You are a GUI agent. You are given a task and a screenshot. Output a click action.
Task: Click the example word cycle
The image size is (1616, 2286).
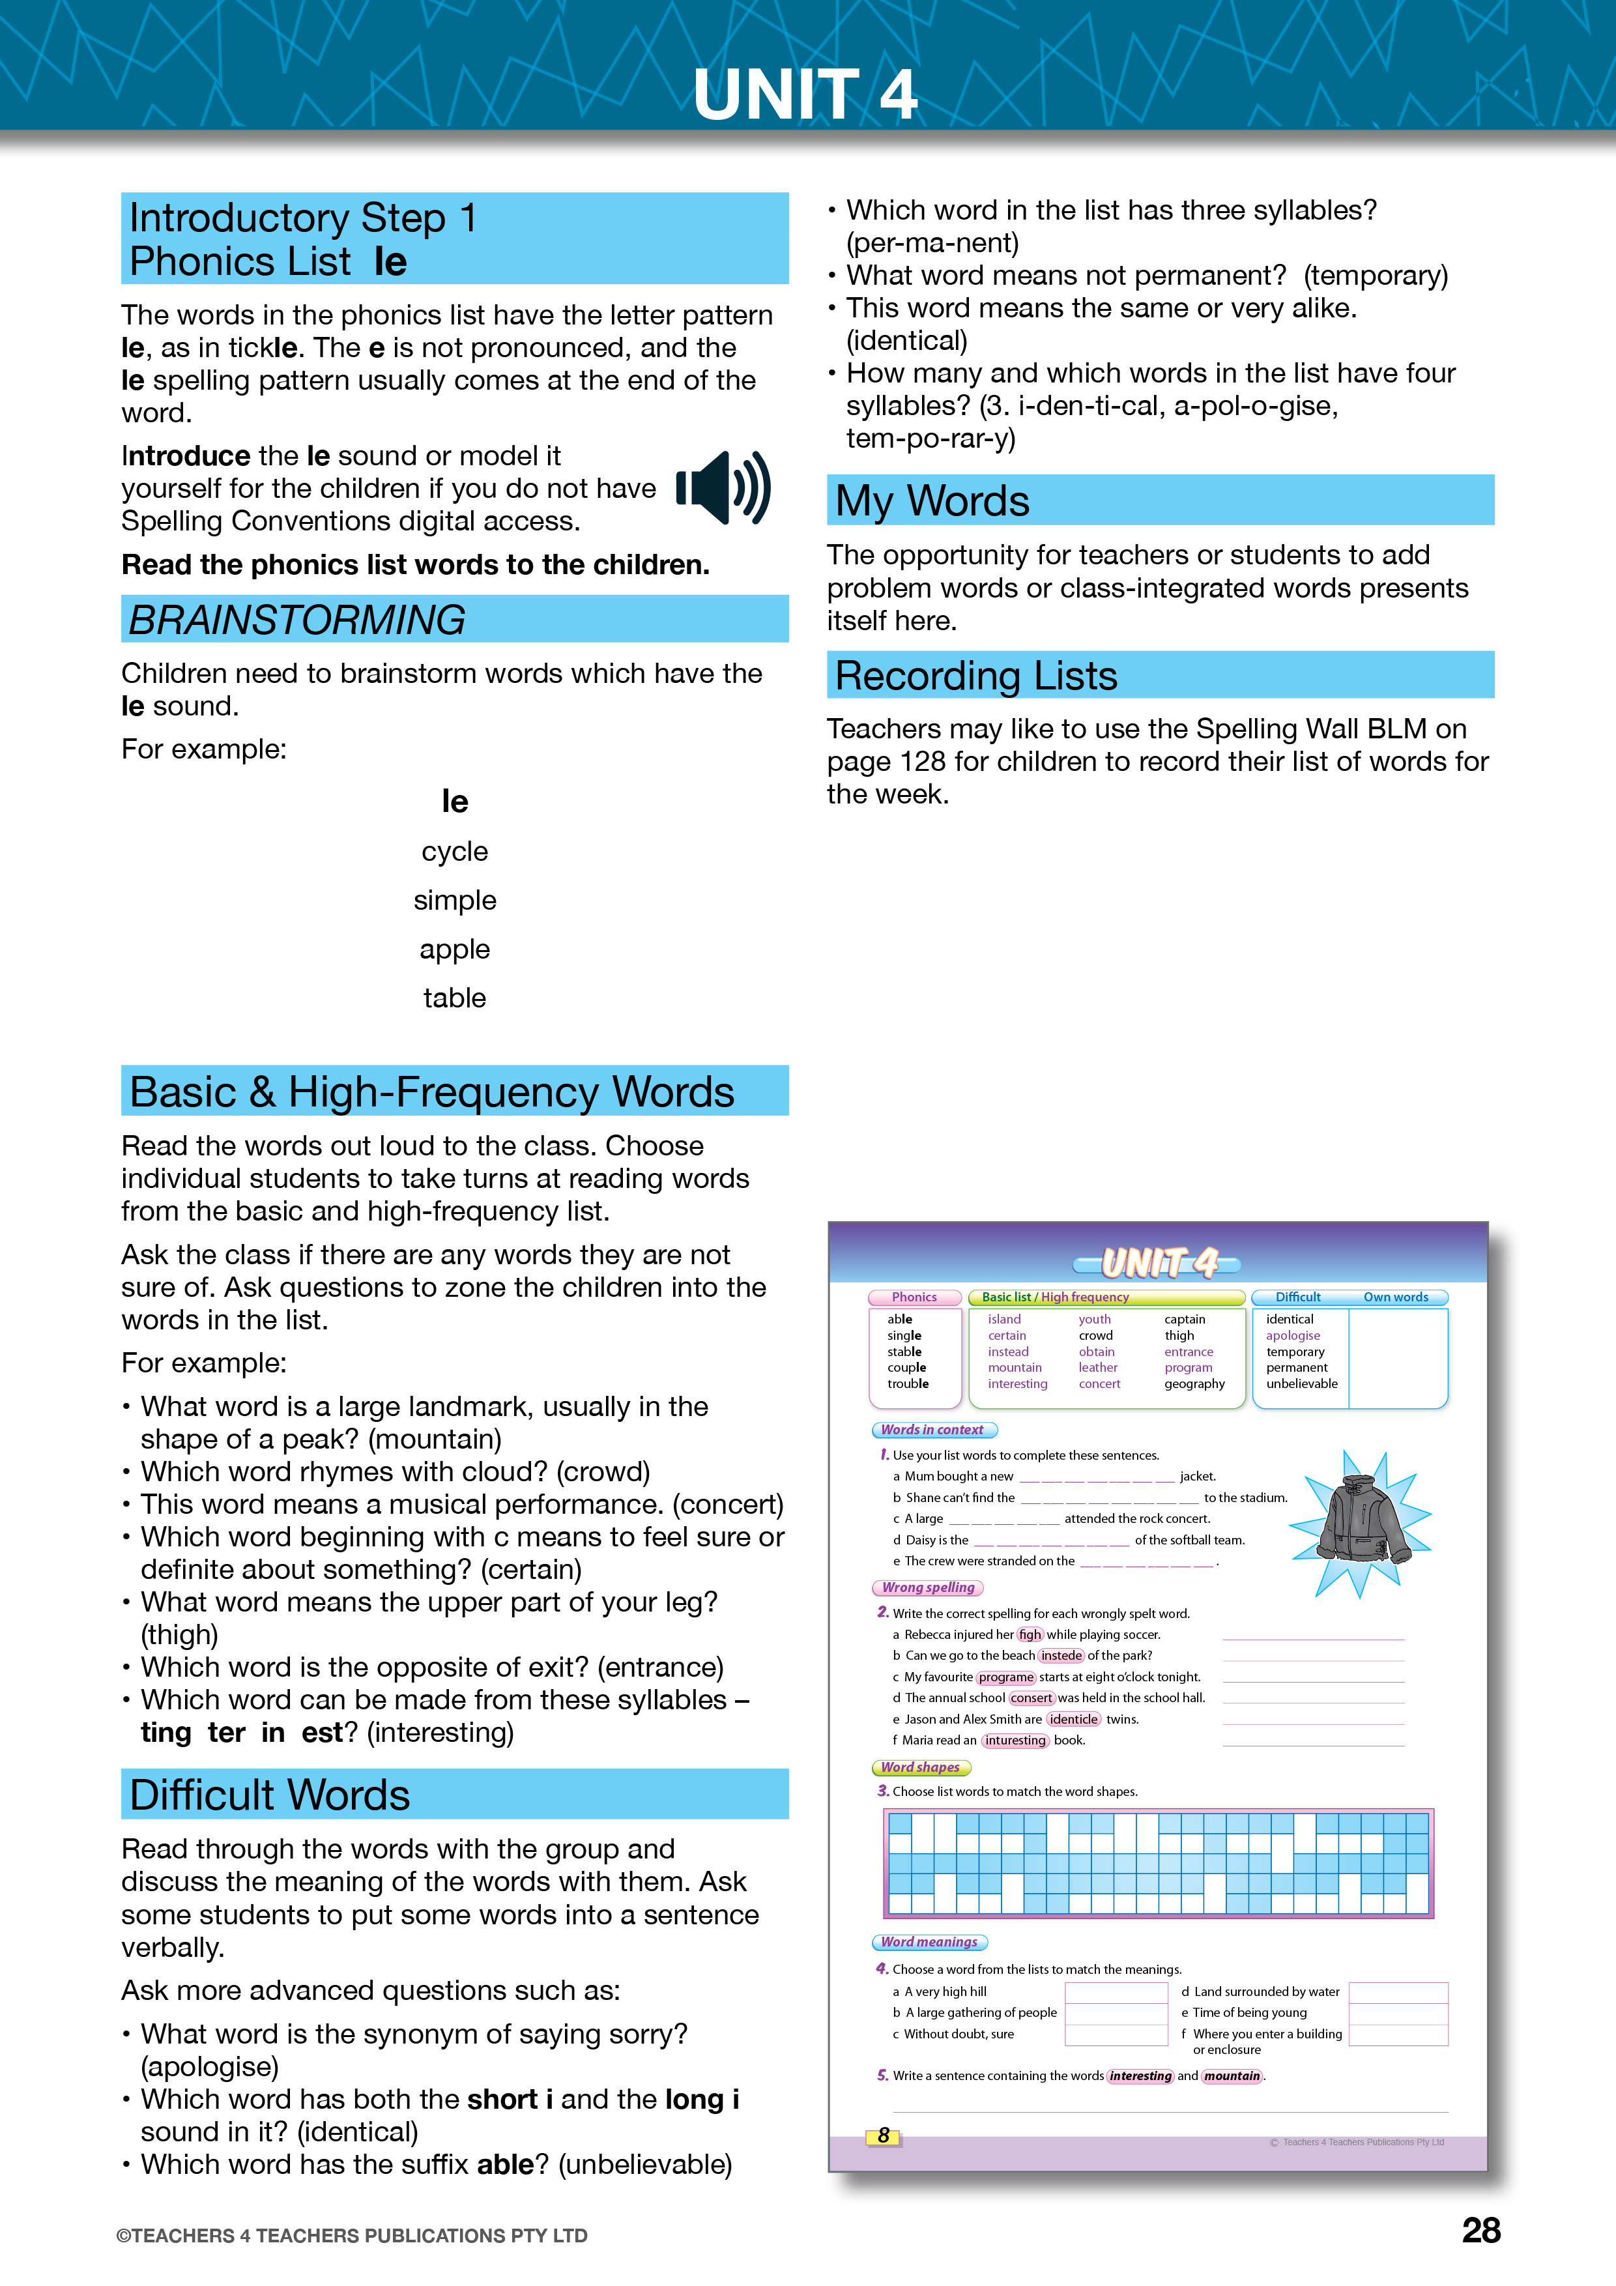[454, 851]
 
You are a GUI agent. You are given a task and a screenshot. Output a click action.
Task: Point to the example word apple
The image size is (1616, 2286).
[454, 949]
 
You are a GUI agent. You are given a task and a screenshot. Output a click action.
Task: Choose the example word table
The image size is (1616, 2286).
[454, 998]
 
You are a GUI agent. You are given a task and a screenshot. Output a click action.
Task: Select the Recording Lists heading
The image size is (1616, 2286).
[975, 676]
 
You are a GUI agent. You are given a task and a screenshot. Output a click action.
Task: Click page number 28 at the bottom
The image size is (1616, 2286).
[1480, 2230]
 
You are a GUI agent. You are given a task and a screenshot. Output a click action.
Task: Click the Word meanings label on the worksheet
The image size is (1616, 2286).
[929, 1941]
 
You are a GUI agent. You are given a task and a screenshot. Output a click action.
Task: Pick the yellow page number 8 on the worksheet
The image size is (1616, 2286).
[883, 2135]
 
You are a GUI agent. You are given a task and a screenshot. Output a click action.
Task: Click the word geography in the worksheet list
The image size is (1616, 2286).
[1195, 1384]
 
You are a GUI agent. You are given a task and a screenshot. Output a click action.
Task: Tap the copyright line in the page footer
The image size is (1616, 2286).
[351, 2235]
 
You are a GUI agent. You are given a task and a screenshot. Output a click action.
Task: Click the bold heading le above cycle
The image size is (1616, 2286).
[454, 802]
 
